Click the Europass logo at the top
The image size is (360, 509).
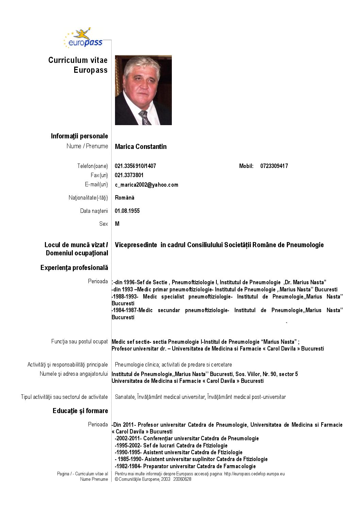[83, 38]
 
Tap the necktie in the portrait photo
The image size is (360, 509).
[145, 118]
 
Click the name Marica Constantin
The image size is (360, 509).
[141, 147]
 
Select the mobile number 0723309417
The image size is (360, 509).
[274, 166]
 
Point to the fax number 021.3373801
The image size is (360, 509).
[129, 175]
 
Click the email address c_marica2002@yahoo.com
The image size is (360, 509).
[146, 185]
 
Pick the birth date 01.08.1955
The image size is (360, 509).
[127, 211]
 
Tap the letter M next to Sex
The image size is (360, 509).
[117, 224]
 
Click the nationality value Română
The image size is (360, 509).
[125, 198]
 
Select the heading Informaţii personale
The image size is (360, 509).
[79, 136]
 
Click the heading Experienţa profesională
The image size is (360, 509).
[74, 268]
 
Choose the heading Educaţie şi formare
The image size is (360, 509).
[80, 411]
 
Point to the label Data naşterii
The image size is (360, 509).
[94, 211]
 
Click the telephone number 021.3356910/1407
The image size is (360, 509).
[135, 166]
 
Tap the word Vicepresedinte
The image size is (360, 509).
[136, 245]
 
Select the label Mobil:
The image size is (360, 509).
[246, 166]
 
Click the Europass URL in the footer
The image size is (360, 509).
[254, 474]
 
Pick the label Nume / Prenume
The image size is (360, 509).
[87, 146]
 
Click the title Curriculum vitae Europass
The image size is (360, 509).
[78, 65]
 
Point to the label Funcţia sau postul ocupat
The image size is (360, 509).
[79, 341]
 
